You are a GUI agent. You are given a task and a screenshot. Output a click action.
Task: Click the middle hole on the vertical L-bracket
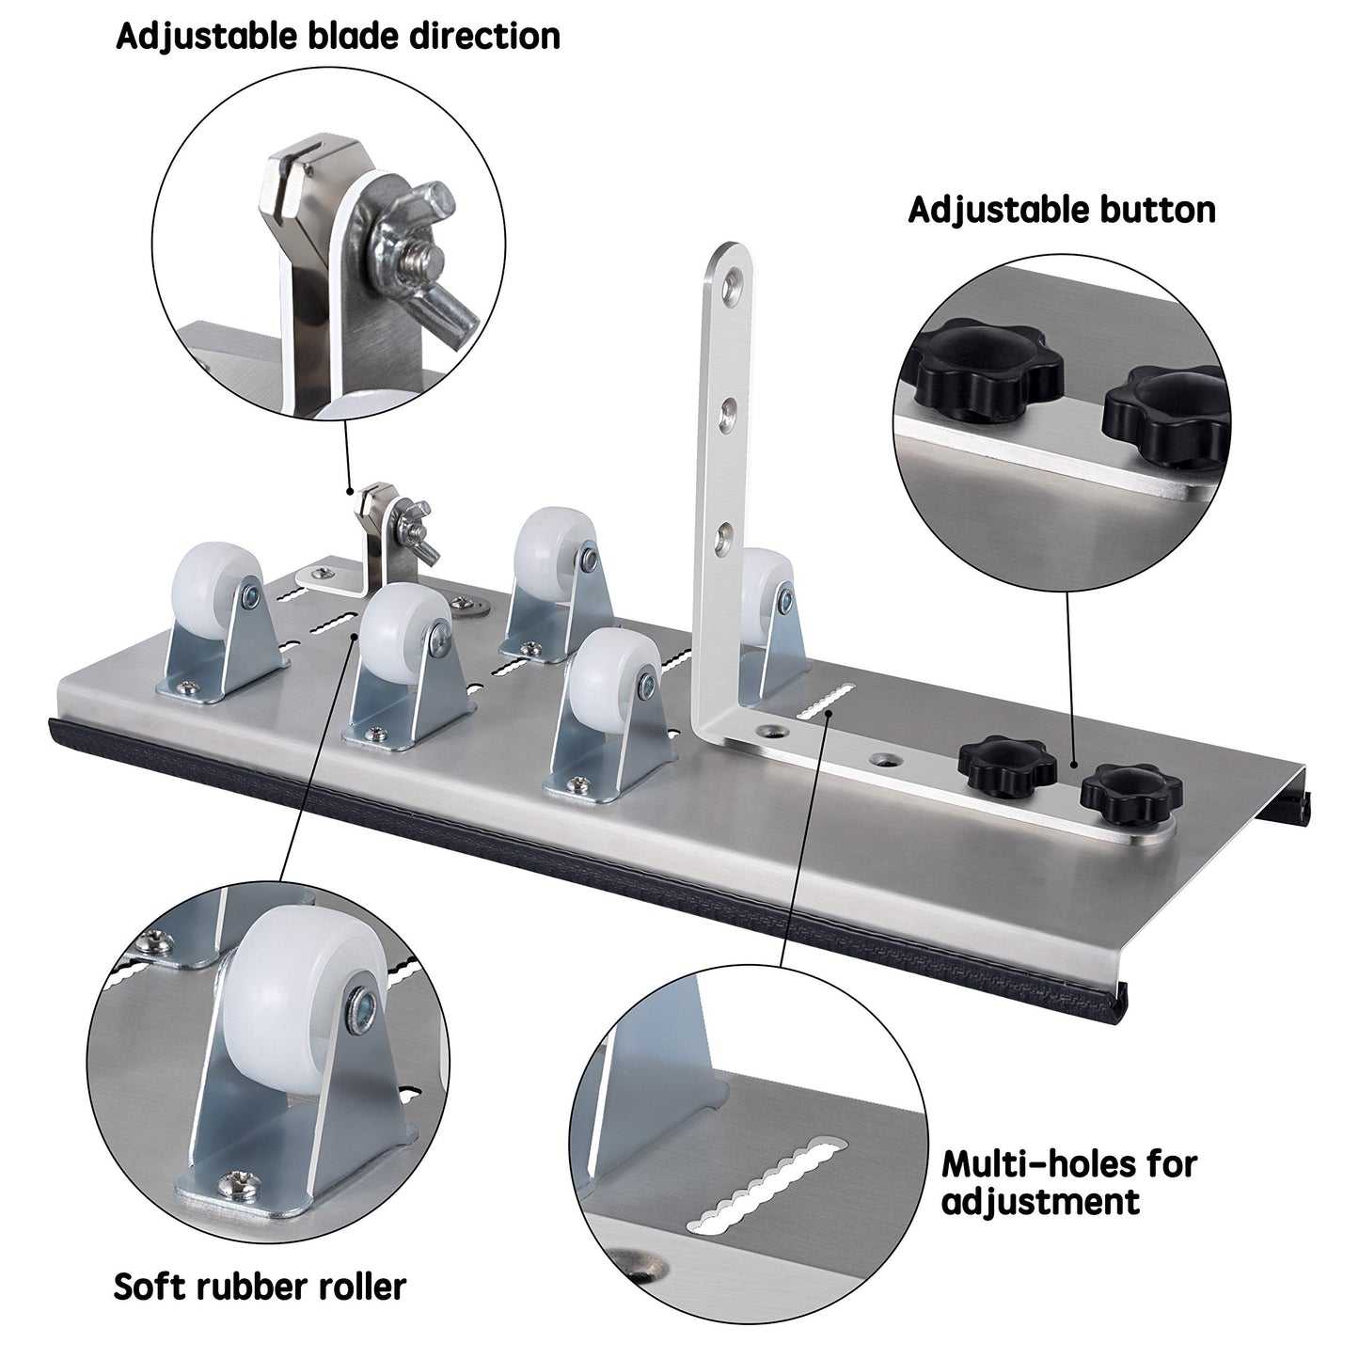click(726, 414)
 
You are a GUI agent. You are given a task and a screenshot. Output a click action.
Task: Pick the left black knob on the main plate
click(1007, 763)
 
